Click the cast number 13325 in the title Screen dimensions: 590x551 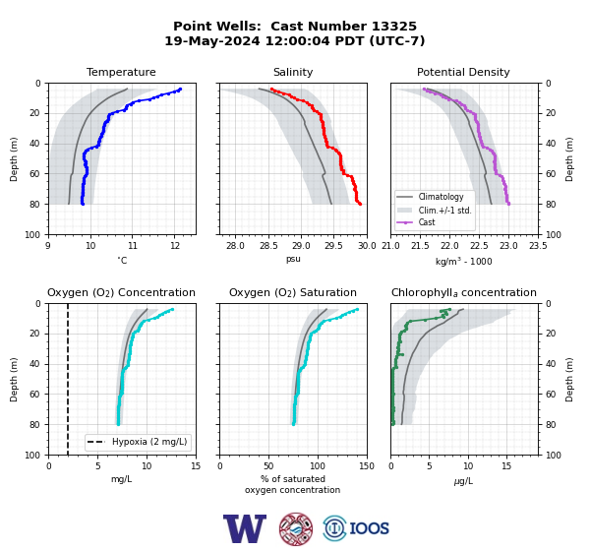(x=394, y=27)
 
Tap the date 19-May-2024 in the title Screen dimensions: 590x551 (x=212, y=40)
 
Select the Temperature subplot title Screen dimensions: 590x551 (x=121, y=72)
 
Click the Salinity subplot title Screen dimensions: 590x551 (x=293, y=72)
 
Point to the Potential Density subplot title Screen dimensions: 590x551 (x=463, y=72)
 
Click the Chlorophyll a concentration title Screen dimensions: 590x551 (x=464, y=292)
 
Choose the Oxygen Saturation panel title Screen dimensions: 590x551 (x=293, y=292)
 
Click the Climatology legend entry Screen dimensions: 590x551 (x=441, y=197)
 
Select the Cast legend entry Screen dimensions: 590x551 (x=427, y=222)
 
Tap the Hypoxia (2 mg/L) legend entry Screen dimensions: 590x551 (x=149, y=442)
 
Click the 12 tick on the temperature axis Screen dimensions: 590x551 (x=174, y=246)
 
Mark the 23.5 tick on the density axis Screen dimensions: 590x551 (x=538, y=246)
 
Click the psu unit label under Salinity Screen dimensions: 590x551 (x=293, y=260)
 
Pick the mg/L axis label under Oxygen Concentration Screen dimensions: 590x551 (x=122, y=479)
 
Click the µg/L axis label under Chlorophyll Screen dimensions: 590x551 (x=463, y=481)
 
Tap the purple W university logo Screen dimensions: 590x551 (x=245, y=528)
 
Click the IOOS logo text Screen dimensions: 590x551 (x=369, y=528)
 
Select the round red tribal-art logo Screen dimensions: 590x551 (x=296, y=528)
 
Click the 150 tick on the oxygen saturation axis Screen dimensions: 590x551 (x=367, y=466)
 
